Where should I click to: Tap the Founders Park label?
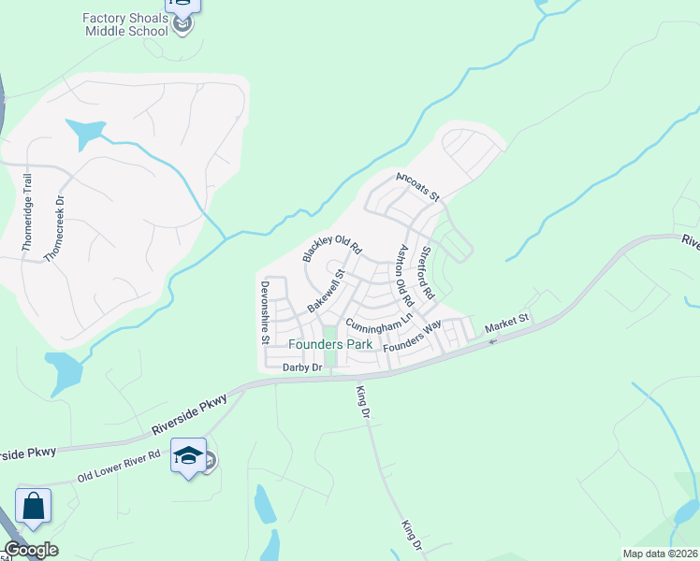330,344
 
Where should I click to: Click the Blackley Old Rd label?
331,247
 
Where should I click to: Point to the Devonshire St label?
266,313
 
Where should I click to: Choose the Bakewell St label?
327,291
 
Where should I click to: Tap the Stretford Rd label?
427,273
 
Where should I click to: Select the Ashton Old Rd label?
405,276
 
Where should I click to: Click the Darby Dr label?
302,368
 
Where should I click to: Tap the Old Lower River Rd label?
120,464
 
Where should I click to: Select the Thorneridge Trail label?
27,213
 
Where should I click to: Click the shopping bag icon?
33,507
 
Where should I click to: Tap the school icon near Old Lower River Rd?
189,456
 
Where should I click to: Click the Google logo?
31,550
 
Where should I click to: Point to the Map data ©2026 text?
660,554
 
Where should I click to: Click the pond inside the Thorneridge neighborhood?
86,134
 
